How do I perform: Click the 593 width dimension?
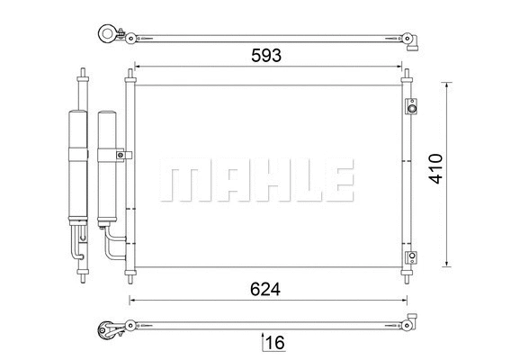click(x=265, y=55)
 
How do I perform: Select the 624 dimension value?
click(x=265, y=289)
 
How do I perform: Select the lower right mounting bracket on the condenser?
click(x=410, y=258)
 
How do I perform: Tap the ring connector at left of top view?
click(x=108, y=36)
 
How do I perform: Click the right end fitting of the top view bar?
click(x=412, y=37)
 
